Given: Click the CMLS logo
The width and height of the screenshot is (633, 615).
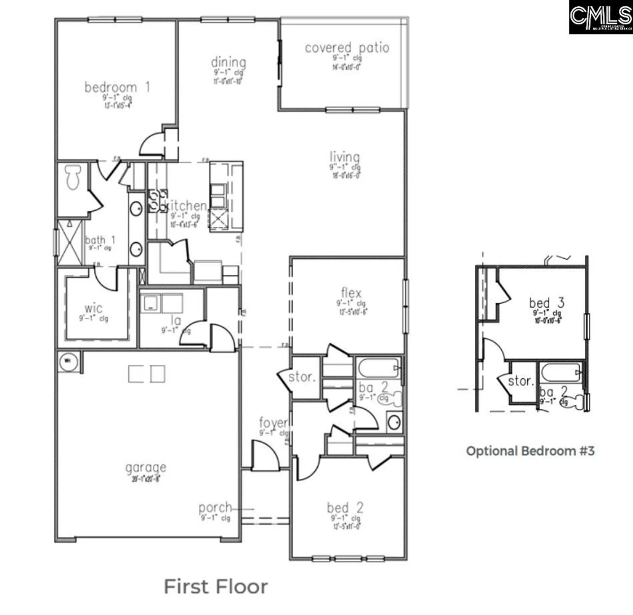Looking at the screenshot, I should [601, 17].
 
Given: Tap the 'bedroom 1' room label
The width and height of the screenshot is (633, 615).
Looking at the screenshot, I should [117, 87].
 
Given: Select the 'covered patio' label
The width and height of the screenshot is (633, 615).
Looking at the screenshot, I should [347, 48].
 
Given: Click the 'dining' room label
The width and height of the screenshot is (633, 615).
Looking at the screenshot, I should [228, 62].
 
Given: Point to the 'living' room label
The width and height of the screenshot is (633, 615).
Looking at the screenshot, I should [345, 157].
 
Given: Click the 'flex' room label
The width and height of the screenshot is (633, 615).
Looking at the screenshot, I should [351, 293].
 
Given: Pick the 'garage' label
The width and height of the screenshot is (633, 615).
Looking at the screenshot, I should [146, 467].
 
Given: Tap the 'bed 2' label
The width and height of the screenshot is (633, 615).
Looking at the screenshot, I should [345, 508].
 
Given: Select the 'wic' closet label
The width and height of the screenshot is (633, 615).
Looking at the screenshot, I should [93, 308].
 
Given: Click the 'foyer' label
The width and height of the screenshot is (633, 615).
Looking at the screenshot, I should [273, 422].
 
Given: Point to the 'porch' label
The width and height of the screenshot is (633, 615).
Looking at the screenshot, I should [215, 508].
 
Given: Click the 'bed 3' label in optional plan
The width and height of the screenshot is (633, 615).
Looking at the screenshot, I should [546, 303].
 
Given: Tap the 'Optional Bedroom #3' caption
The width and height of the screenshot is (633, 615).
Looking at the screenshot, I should [530, 451].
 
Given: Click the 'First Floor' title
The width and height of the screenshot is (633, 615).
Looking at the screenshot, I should [216, 587].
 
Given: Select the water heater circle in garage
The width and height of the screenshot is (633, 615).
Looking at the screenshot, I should [68, 362].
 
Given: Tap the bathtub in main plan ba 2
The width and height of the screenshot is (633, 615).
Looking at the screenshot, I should [378, 368].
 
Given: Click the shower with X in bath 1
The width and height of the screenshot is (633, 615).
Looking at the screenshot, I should [69, 242].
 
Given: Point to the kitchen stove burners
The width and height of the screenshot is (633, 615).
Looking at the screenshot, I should [158, 201].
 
